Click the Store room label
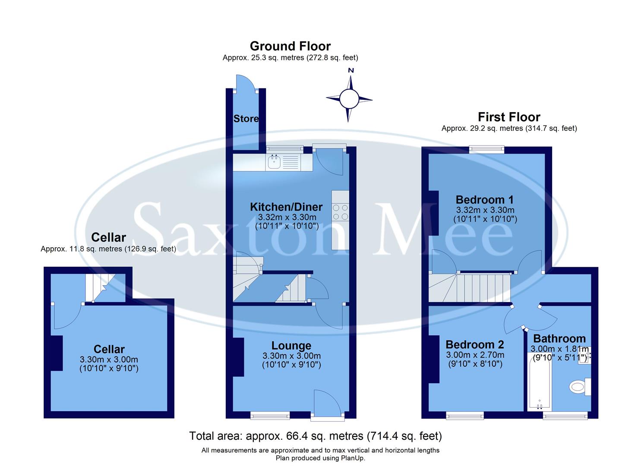[x=246, y=119]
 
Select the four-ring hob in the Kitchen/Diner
[x=340, y=212]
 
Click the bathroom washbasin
[x=584, y=356]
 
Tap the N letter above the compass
[x=351, y=70]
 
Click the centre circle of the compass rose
[x=349, y=99]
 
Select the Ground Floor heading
[x=290, y=46]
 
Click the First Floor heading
[x=509, y=117]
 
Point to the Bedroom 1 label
[x=485, y=200]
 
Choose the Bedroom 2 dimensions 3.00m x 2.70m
[x=475, y=355]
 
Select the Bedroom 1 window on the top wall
[x=487, y=149]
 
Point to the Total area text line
[x=316, y=436]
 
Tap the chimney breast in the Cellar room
[x=57, y=353]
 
